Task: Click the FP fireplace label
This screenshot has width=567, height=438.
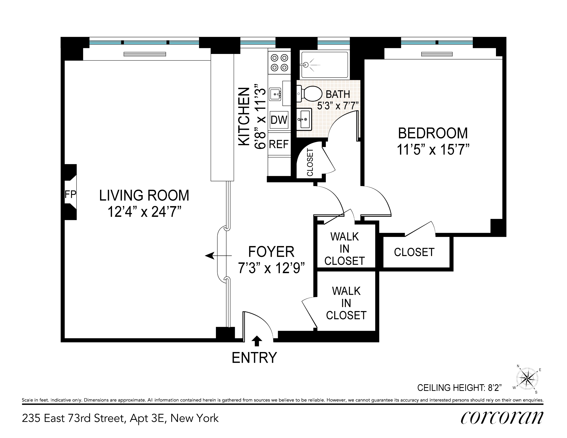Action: pyautogui.click(x=70, y=194)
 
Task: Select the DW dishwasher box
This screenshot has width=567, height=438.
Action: pyautogui.click(x=279, y=120)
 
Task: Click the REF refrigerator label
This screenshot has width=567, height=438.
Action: pyautogui.click(x=279, y=144)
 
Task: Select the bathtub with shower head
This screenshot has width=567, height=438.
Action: pyautogui.click(x=324, y=65)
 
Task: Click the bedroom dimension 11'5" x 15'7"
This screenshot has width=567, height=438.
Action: pyautogui.click(x=433, y=150)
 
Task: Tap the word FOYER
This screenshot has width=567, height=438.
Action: pyautogui.click(x=271, y=252)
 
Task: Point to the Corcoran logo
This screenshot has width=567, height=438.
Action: pyautogui.click(x=502, y=418)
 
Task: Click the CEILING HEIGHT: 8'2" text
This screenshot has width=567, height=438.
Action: pyautogui.click(x=459, y=388)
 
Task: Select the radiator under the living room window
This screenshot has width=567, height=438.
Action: pyautogui.click(x=145, y=54)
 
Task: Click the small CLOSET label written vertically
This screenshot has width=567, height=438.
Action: pyautogui.click(x=310, y=162)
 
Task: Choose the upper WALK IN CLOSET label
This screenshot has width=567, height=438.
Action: pyautogui.click(x=345, y=249)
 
